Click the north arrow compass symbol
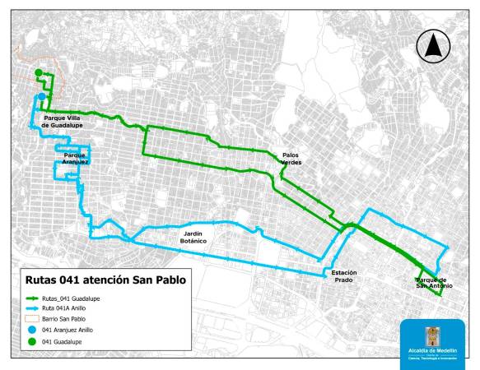click(x=431, y=47)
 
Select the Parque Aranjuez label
click(x=74, y=158)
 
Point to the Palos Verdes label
click(x=291, y=158)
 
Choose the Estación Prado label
click(x=343, y=275)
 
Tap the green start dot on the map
click(x=38, y=75)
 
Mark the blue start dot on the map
click(x=41, y=96)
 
